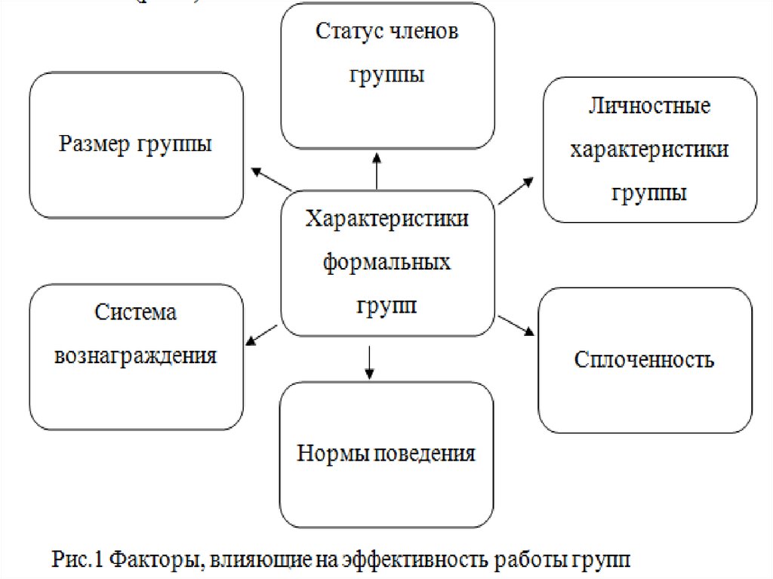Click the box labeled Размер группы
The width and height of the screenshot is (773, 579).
pos(136,145)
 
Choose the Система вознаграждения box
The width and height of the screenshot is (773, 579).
pos(136,356)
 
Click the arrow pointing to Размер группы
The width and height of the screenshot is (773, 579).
pos(271,179)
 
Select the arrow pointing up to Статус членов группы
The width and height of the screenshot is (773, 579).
pos(376,170)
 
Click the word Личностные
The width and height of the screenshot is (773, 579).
pos(649,106)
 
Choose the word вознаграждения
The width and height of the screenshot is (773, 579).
pos(136,356)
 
